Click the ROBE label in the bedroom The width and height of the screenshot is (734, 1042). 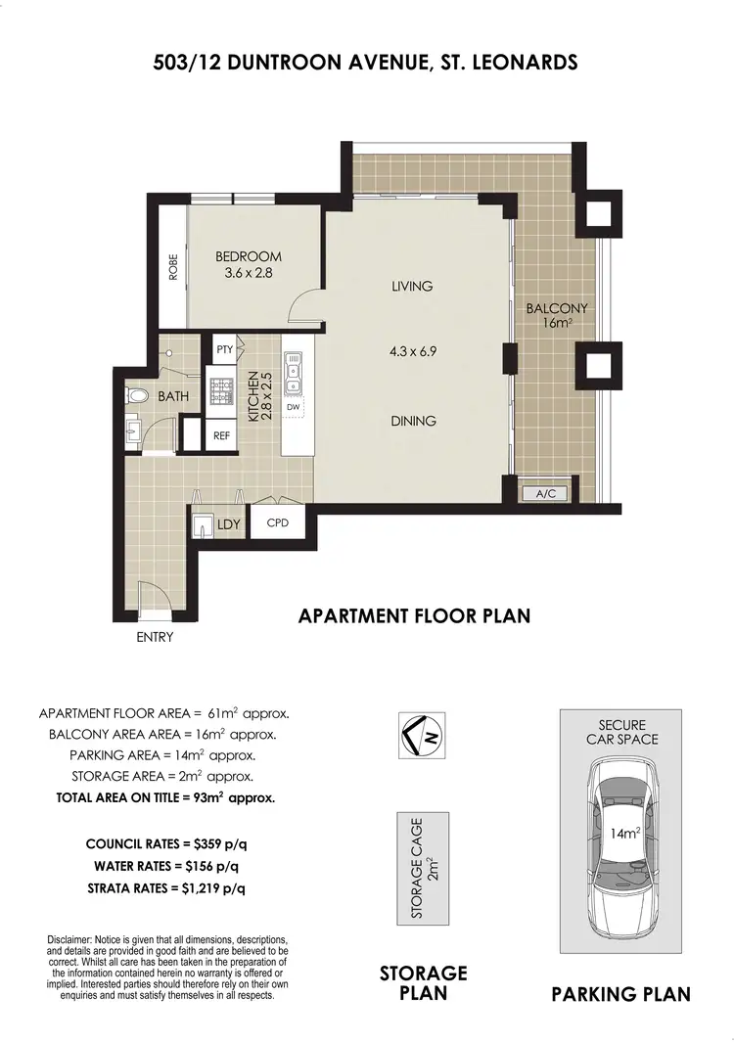[x=174, y=268]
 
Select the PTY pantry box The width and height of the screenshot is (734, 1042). [x=224, y=349]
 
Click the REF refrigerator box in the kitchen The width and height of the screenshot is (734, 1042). [x=222, y=436]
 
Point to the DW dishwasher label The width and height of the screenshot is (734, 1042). [x=293, y=407]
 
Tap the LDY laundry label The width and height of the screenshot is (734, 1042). [x=229, y=524]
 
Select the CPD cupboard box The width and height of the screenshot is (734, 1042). [x=278, y=523]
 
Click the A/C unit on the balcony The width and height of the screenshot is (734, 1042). [x=545, y=494]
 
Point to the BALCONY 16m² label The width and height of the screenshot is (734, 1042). [x=549, y=314]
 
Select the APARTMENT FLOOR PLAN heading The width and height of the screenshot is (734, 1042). [x=413, y=615]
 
